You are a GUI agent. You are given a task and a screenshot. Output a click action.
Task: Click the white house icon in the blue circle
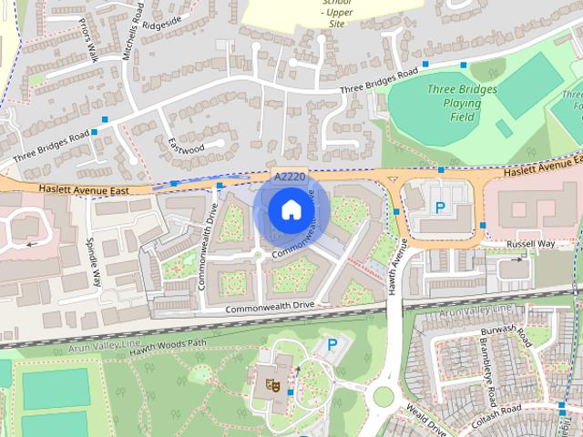(x=290, y=210)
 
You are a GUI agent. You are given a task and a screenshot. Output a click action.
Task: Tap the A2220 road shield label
(x=289, y=176)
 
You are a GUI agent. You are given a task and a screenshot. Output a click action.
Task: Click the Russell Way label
(x=530, y=244)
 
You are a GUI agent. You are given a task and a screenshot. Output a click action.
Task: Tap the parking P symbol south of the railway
(x=332, y=345)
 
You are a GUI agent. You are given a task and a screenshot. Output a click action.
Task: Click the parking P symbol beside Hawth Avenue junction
(x=440, y=208)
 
